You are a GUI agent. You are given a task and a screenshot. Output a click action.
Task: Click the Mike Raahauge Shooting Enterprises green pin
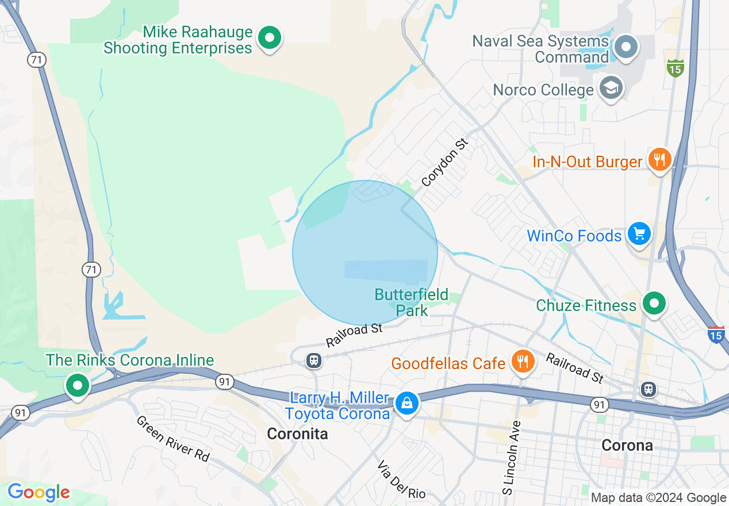pos(269,39)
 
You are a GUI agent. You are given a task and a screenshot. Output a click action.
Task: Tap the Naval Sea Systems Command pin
pos(626,47)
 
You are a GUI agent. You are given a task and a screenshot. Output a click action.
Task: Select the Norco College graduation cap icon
pos(611,89)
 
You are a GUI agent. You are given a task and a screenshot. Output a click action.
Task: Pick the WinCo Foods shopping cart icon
pos(639,234)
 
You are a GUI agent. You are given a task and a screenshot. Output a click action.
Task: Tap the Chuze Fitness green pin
pos(654,303)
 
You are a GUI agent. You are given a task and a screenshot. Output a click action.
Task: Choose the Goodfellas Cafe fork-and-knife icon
pos(522,361)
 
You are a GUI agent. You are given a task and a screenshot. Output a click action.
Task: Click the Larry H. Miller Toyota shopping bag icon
pos(407,403)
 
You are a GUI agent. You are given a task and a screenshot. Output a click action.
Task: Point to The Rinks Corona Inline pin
pos(77,385)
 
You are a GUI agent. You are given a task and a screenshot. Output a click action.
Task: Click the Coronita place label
pos(297,434)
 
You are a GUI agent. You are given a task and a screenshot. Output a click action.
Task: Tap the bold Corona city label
pos(627,445)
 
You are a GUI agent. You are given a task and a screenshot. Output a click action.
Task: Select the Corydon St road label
pos(445,162)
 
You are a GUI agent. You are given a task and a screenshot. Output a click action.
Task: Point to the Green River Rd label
pos(172,438)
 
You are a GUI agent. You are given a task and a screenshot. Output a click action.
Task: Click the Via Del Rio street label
pos(402,479)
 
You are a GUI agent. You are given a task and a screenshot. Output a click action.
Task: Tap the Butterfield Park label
pos(412,303)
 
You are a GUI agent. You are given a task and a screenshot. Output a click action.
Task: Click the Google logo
pos(39,492)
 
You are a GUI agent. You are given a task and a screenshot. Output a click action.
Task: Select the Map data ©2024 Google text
pos(658,498)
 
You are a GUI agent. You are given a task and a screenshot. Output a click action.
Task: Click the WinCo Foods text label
pos(574,236)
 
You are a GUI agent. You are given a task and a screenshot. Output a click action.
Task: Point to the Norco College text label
pos(543,90)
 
